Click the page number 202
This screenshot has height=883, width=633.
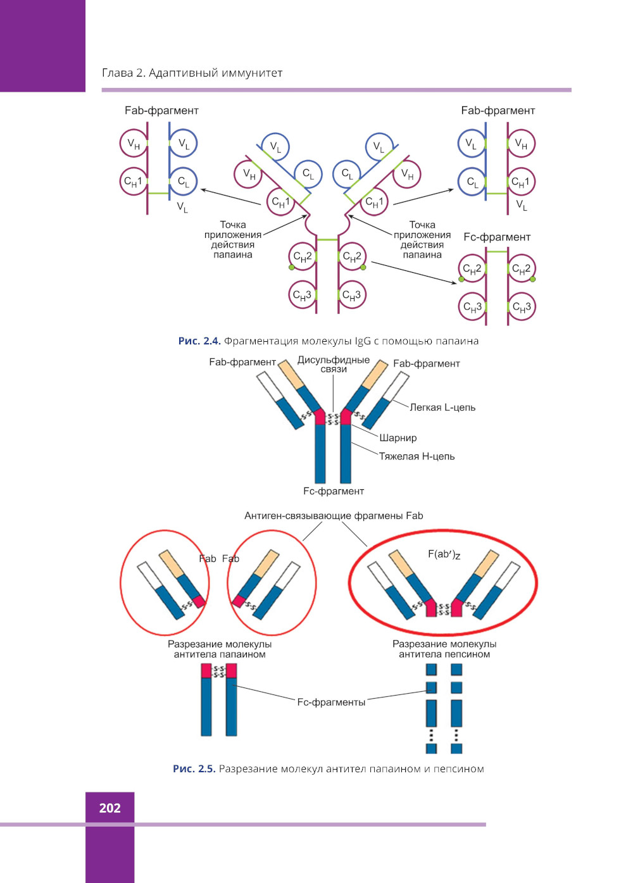point(110,808)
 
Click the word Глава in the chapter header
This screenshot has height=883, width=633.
point(117,73)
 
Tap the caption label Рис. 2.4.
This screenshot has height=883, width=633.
point(199,341)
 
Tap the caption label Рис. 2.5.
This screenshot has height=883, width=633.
point(194,769)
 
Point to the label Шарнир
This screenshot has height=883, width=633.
point(398,438)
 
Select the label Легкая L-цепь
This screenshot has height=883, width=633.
point(442,408)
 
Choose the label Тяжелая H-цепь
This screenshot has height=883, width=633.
point(417,456)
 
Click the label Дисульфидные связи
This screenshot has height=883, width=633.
point(334,364)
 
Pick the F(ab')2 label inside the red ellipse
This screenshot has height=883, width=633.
point(444,554)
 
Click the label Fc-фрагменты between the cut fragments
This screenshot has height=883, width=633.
point(331,702)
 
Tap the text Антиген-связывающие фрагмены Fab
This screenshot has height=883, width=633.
point(334,516)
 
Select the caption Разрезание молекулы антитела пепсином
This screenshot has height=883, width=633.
point(444,649)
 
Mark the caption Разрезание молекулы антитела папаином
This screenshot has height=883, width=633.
point(220,649)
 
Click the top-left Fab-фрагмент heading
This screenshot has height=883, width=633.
point(161,111)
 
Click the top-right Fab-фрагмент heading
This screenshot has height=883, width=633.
point(498,111)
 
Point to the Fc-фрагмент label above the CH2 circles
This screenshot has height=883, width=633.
point(497,237)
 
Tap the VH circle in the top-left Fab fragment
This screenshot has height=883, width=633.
point(134,143)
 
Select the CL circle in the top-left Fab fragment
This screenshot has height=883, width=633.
point(184,182)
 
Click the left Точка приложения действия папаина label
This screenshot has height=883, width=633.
point(232,240)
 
